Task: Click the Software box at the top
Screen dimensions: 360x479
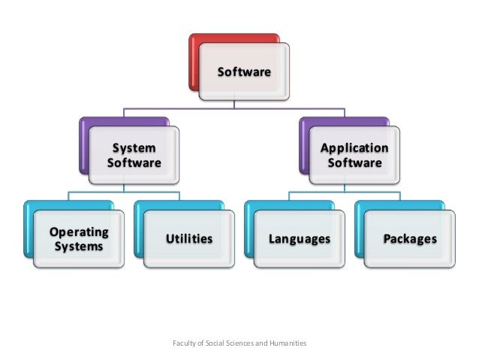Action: [244, 72]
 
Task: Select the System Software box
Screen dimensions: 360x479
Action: [134, 155]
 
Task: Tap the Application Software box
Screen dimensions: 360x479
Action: [354, 155]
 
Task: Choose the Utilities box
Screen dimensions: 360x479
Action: [188, 239]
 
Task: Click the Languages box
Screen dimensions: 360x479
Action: [300, 239]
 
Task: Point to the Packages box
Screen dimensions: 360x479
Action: [410, 239]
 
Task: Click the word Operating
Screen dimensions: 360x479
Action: [80, 231]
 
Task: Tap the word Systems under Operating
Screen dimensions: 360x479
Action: [78, 247]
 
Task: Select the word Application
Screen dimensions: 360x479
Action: [354, 147]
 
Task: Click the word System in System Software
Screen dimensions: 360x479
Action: [134, 147]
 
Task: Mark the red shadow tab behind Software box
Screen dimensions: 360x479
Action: [194, 53]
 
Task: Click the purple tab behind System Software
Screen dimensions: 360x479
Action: [83, 139]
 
